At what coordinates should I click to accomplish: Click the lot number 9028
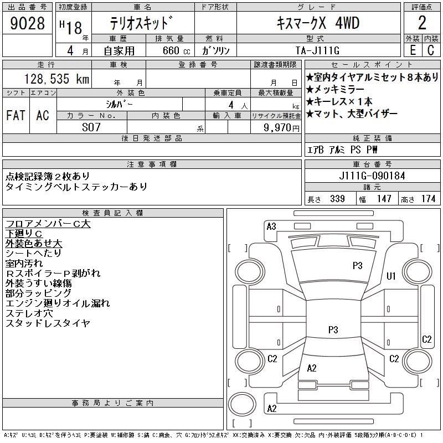pos(27,24)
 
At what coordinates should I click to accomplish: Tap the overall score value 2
pos(422,23)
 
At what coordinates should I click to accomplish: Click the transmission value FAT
pos(16,115)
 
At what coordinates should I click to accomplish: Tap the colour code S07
pos(92,127)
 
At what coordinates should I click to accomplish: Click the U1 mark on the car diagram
pos(391,276)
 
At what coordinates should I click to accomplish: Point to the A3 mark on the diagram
pos(271,226)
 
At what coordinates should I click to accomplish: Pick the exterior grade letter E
pos(413,50)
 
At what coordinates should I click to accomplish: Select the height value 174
pos(428,199)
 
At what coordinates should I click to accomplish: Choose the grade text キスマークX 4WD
pos(318,24)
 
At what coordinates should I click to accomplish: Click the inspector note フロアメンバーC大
pos(48,224)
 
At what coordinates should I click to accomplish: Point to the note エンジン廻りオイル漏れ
pos(58,303)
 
